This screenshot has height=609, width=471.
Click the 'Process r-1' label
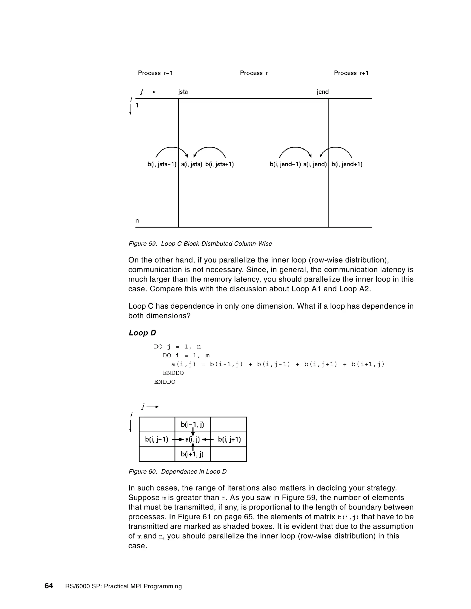tap(155, 73)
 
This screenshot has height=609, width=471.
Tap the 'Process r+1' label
tap(351, 73)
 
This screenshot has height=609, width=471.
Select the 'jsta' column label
tap(183, 92)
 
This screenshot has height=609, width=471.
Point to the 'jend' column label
tap(323, 92)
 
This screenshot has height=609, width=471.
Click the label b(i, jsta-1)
tap(162, 165)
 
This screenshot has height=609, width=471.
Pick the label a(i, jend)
tap(315, 165)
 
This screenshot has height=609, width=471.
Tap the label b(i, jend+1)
tap(347, 165)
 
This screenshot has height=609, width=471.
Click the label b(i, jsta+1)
tap(219, 165)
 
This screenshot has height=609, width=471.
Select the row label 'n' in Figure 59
tap(137, 221)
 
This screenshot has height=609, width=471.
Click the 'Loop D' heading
tap(142, 333)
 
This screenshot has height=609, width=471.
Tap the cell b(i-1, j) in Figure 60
tap(192, 425)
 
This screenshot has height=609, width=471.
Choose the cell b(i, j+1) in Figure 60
tap(229, 440)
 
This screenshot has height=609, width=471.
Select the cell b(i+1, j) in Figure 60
tap(192, 454)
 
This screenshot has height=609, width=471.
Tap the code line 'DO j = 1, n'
tap(178, 347)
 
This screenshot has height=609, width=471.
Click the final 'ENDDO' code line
tap(165, 382)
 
